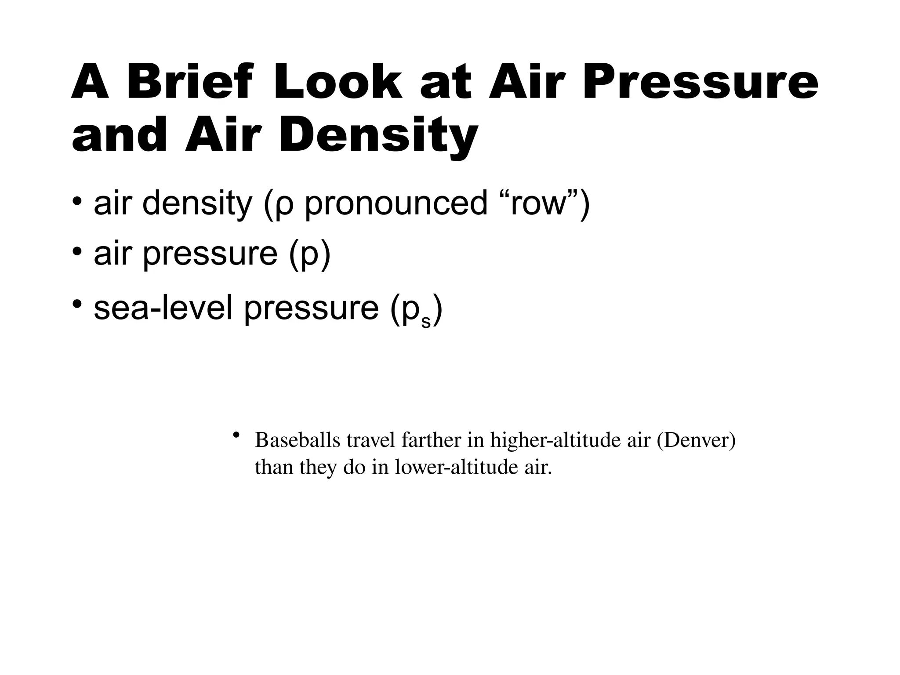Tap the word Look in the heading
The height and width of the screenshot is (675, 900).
(337, 82)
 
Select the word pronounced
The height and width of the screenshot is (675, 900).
(396, 203)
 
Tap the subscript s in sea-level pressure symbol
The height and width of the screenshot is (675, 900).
(426, 321)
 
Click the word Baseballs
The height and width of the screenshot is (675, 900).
(298, 440)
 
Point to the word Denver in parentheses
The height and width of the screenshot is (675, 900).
(696, 440)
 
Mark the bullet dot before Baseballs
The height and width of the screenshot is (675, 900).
(236, 435)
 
